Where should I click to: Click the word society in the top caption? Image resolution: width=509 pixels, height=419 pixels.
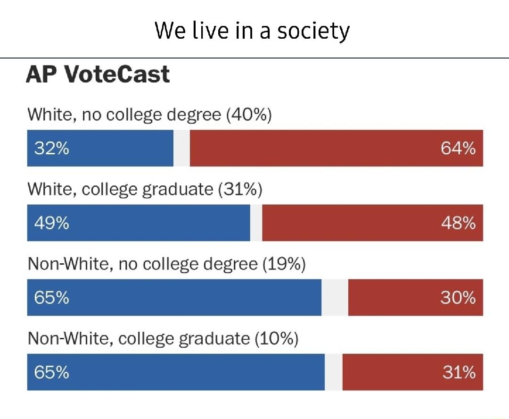click(313, 31)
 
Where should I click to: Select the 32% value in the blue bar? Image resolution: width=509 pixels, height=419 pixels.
click(51, 149)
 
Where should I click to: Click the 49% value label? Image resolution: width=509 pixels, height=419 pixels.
click(51, 223)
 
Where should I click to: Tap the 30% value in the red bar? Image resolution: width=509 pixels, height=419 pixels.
click(458, 298)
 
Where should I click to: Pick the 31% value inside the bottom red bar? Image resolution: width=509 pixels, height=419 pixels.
click(459, 372)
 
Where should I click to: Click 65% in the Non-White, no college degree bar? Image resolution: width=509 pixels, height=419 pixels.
click(51, 298)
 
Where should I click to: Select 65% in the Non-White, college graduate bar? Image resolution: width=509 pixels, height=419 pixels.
click(51, 372)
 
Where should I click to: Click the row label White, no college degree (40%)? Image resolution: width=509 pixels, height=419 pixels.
click(149, 115)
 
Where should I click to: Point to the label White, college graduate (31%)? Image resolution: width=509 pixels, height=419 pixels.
click(145, 189)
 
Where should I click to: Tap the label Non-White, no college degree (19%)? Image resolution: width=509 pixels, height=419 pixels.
click(167, 264)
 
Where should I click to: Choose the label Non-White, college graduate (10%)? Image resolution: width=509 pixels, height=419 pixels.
click(163, 338)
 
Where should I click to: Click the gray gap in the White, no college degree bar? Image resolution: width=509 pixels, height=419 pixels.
click(181, 148)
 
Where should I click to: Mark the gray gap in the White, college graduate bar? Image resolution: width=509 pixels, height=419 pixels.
click(256, 223)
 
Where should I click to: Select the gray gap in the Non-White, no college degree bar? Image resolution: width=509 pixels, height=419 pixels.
click(335, 297)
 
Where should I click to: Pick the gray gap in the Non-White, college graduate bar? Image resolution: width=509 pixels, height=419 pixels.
click(333, 372)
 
